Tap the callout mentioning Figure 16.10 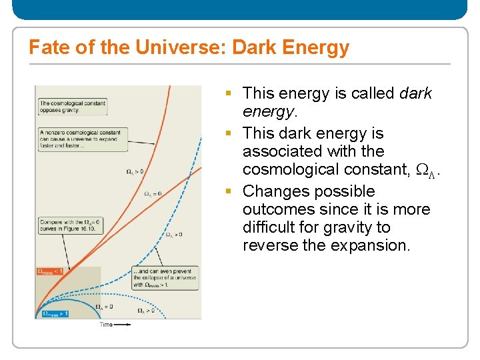68,226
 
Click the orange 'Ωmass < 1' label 51,272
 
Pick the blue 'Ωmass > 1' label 55,313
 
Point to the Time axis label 106,325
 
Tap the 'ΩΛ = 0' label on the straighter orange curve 153,193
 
